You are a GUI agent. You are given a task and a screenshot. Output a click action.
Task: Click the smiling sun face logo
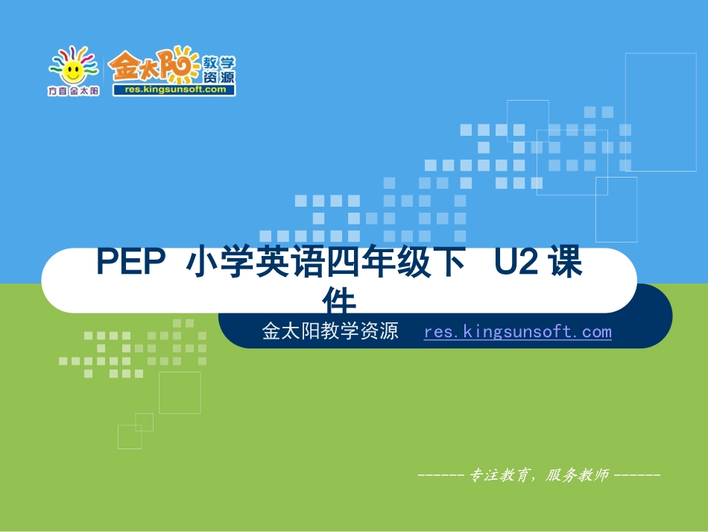(73, 69)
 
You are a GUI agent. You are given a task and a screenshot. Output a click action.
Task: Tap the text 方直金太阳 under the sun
(73, 91)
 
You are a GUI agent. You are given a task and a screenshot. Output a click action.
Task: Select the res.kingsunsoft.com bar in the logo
(173, 89)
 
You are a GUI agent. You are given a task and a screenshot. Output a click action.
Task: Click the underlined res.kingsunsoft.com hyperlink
(517, 331)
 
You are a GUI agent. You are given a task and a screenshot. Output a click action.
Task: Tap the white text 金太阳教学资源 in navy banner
(330, 331)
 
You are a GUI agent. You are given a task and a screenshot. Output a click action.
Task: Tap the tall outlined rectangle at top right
(649, 101)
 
